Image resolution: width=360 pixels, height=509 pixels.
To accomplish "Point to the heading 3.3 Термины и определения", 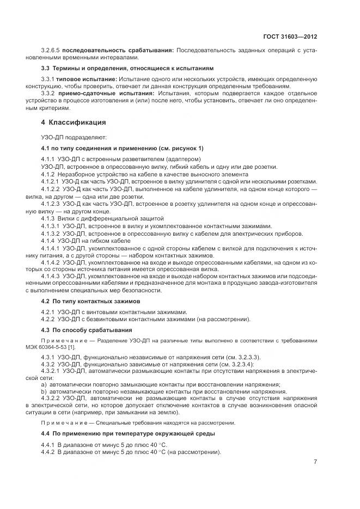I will (x=127, y=68).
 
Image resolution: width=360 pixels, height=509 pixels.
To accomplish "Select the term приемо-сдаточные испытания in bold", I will (x=96, y=93).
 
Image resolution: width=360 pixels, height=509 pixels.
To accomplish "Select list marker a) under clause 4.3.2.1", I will (x=44, y=384).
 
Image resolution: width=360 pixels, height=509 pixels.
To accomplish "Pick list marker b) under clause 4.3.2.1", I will (x=44, y=391).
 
